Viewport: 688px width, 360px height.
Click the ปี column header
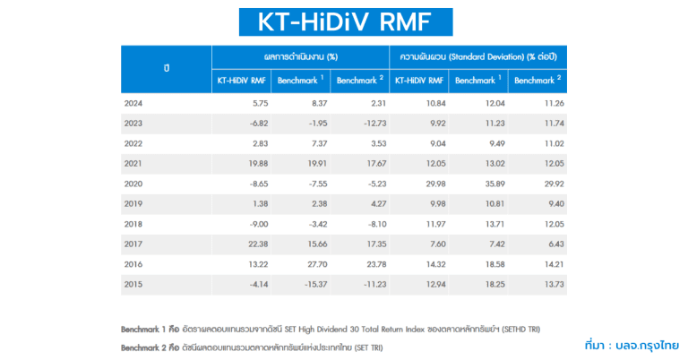(x=166, y=68)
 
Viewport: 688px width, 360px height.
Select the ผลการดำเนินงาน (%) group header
(x=300, y=56)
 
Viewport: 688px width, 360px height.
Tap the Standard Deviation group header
(x=476, y=56)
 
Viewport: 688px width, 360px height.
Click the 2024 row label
(x=133, y=103)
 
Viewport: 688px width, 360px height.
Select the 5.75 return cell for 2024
(x=256, y=103)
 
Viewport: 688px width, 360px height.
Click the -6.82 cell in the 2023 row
(x=254, y=123)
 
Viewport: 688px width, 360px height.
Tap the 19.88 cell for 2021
(x=254, y=162)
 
